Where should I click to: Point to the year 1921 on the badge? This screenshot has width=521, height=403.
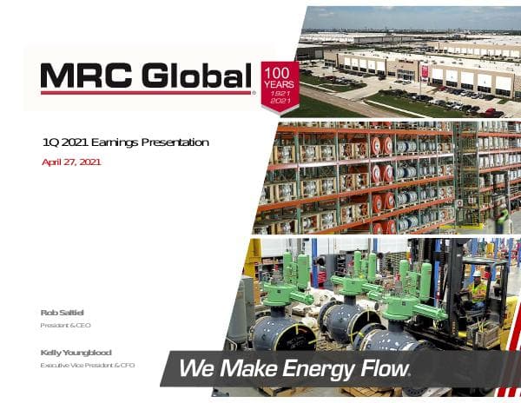click(280, 93)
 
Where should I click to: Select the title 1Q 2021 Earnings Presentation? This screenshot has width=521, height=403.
click(126, 142)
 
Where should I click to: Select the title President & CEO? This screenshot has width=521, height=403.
click(66, 326)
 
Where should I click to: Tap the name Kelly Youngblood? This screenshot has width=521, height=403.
click(76, 352)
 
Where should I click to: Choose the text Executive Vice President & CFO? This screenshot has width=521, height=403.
click(88, 366)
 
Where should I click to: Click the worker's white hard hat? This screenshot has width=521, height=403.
click(476, 274)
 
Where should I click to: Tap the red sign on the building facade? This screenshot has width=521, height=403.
click(425, 73)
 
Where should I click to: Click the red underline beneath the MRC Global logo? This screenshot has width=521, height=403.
click(146, 92)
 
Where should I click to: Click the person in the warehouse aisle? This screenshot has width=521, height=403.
click(501, 216)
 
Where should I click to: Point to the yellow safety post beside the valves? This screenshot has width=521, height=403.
click(254, 260)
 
